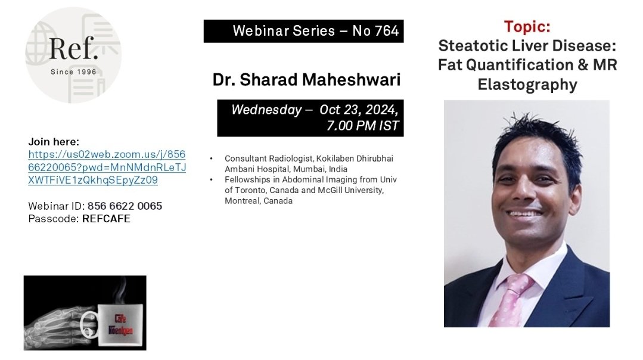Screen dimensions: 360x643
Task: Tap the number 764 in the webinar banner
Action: pos(387,31)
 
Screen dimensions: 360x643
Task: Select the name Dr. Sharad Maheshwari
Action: pos(306,80)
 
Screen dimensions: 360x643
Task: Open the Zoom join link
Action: pos(107,167)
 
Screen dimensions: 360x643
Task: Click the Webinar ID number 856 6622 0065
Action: pos(125,206)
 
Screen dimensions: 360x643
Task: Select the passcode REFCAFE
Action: pos(106,219)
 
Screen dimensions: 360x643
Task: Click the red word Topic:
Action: pos(527,27)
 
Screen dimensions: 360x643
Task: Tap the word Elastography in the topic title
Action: pos(527,85)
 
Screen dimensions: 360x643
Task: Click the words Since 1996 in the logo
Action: pos(74,72)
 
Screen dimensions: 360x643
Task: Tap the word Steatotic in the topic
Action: pos(473,46)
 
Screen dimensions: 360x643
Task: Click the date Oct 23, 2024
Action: pos(359,110)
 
